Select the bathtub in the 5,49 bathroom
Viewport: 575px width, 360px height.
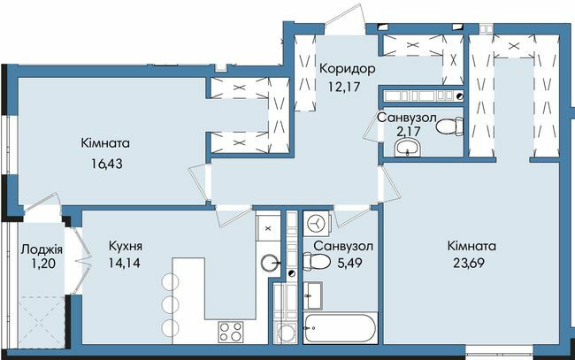pos(341,327)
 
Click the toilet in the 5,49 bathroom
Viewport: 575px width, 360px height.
pos(314,261)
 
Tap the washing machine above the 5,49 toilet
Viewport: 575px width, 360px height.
pos(315,221)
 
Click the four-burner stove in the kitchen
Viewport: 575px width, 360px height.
pos(231,332)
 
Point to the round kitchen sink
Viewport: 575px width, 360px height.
pos(270,261)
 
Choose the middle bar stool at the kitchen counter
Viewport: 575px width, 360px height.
pos(168,304)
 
